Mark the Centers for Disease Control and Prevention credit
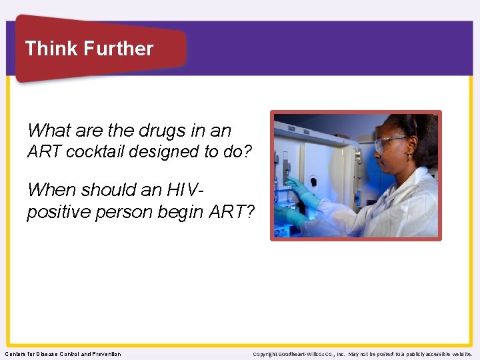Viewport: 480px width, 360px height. pos(63,354)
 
